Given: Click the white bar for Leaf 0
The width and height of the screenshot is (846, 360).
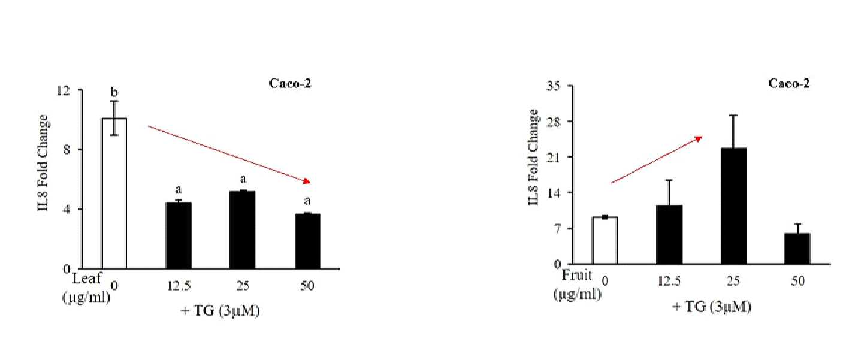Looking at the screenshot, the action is coord(114,193).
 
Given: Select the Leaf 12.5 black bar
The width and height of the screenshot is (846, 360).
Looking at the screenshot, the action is coord(179,235).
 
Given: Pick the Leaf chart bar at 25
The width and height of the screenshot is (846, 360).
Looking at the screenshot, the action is coord(243,229).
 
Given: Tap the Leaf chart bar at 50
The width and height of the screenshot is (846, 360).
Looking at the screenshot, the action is coord(307,241).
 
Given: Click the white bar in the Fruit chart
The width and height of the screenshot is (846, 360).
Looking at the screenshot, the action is coord(605,240).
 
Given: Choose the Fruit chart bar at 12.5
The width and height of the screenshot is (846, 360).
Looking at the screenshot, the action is coord(669,235).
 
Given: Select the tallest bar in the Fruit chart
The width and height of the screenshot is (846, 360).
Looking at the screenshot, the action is coord(733,206).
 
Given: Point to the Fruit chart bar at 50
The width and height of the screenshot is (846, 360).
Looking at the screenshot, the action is coord(797,249).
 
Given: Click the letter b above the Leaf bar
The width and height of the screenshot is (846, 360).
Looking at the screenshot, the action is coord(114,92).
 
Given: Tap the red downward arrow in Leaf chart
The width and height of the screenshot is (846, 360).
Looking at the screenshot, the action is coord(229,154).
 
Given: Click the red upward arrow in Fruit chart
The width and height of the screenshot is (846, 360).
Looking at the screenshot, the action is coord(657,160).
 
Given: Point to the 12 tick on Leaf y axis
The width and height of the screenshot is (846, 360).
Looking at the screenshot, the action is coord(64,90).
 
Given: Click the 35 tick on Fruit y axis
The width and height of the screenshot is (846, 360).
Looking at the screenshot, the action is coord(553,86).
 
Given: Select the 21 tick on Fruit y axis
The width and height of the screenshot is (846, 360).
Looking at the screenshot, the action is coord(553,157).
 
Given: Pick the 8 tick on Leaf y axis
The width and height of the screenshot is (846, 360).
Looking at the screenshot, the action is coord(67,150).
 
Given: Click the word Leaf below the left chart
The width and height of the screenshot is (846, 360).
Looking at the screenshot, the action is coord(87,279).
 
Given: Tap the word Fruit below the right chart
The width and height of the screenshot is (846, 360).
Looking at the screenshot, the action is coord(577,275).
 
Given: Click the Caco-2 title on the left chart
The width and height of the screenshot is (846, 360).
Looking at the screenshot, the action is coord(289,83).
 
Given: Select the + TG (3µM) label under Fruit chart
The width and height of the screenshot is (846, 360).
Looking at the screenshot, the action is coord(711,307).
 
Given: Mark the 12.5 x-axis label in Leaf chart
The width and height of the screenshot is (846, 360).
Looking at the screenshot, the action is coord(179,286).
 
